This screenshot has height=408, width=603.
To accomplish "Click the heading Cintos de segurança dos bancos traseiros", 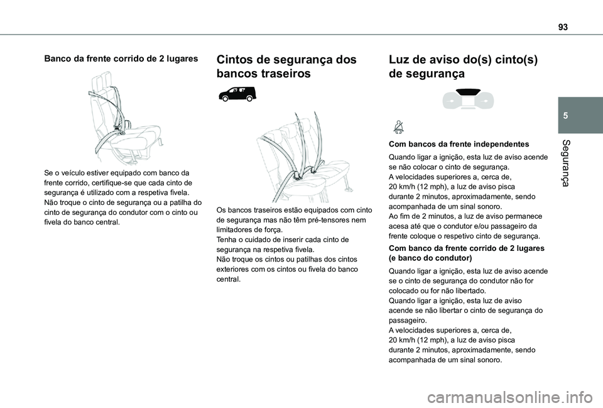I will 286,67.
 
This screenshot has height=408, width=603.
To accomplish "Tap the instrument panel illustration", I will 467,99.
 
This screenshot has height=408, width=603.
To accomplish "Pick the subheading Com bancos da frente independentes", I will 459,144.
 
